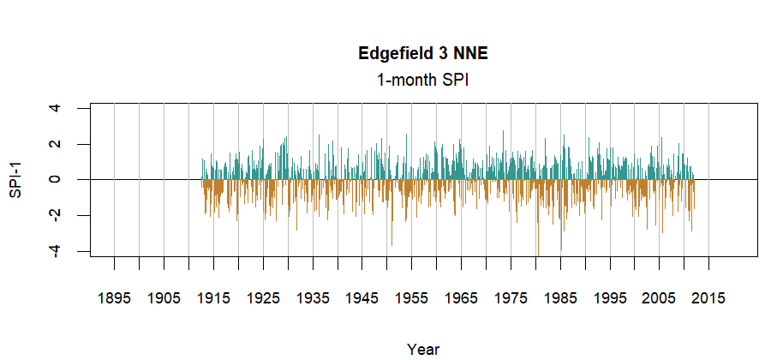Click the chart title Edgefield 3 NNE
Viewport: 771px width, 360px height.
[423, 54]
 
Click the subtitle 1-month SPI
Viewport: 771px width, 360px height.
[423, 80]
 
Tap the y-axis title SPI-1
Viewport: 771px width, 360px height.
[15, 180]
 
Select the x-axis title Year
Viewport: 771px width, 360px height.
[423, 349]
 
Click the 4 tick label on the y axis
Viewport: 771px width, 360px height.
[56, 109]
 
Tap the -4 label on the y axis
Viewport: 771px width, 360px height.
[56, 249]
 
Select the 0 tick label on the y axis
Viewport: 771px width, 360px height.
[56, 180]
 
